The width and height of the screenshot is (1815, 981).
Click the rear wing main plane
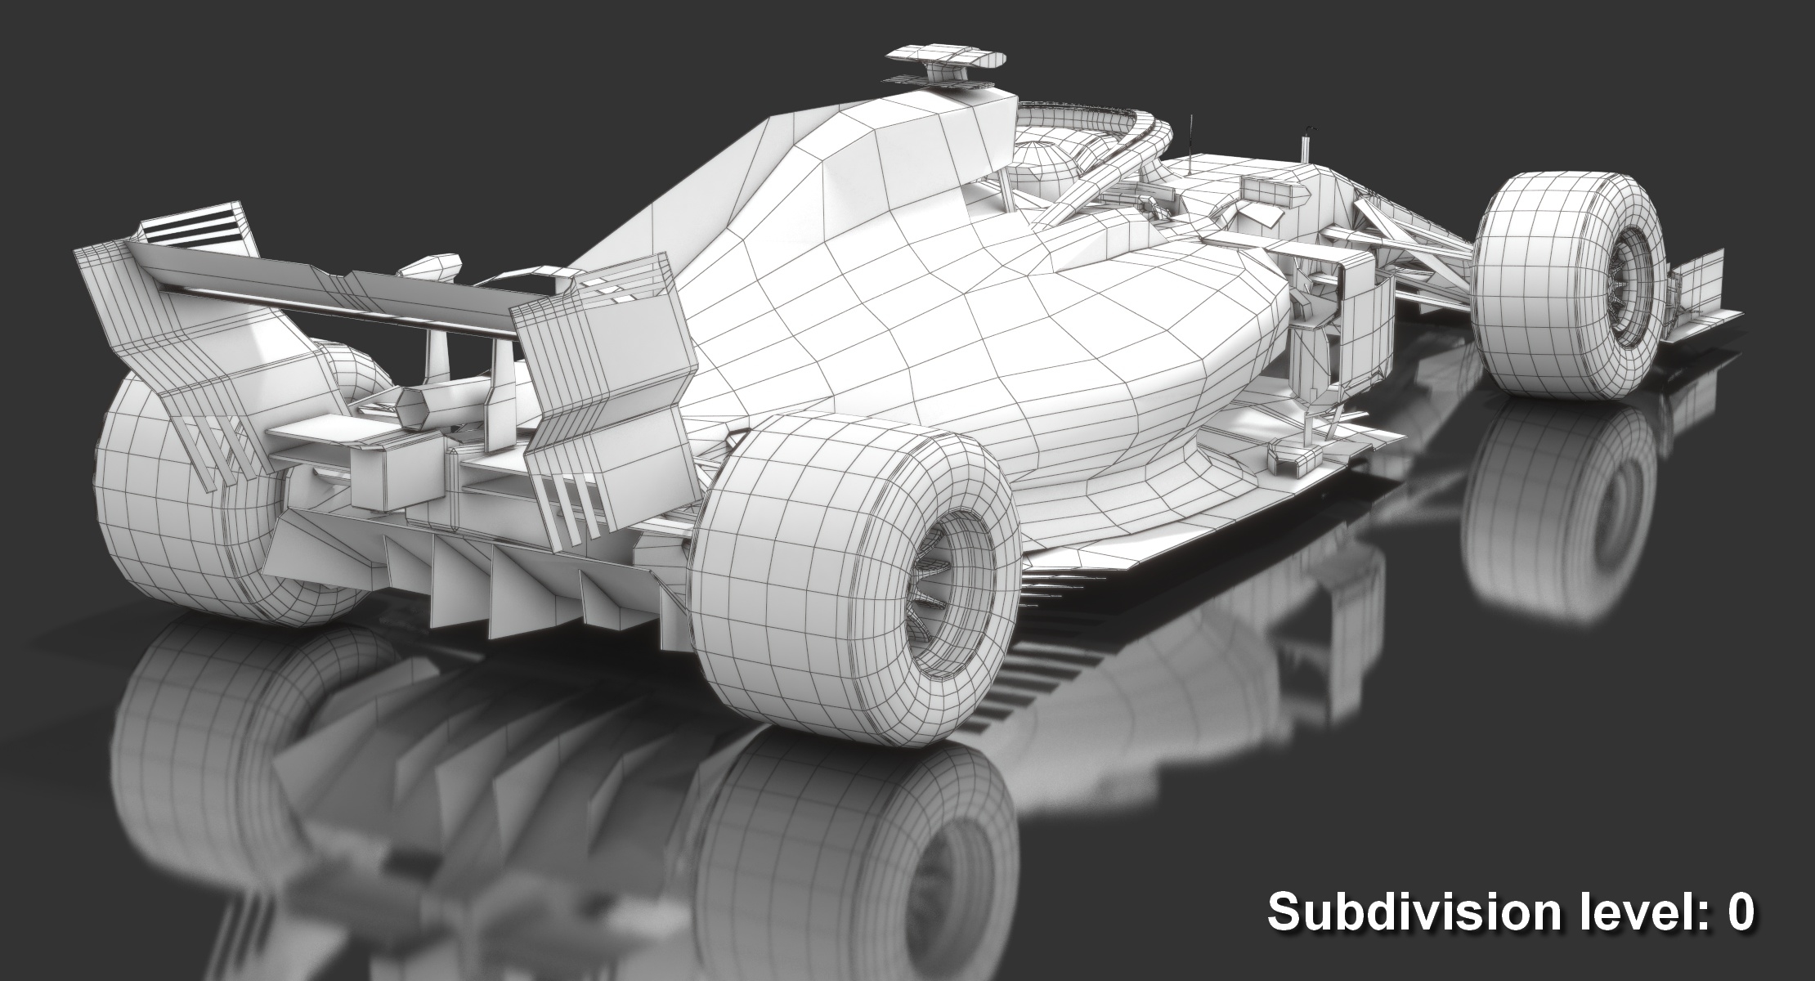click(327, 282)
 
